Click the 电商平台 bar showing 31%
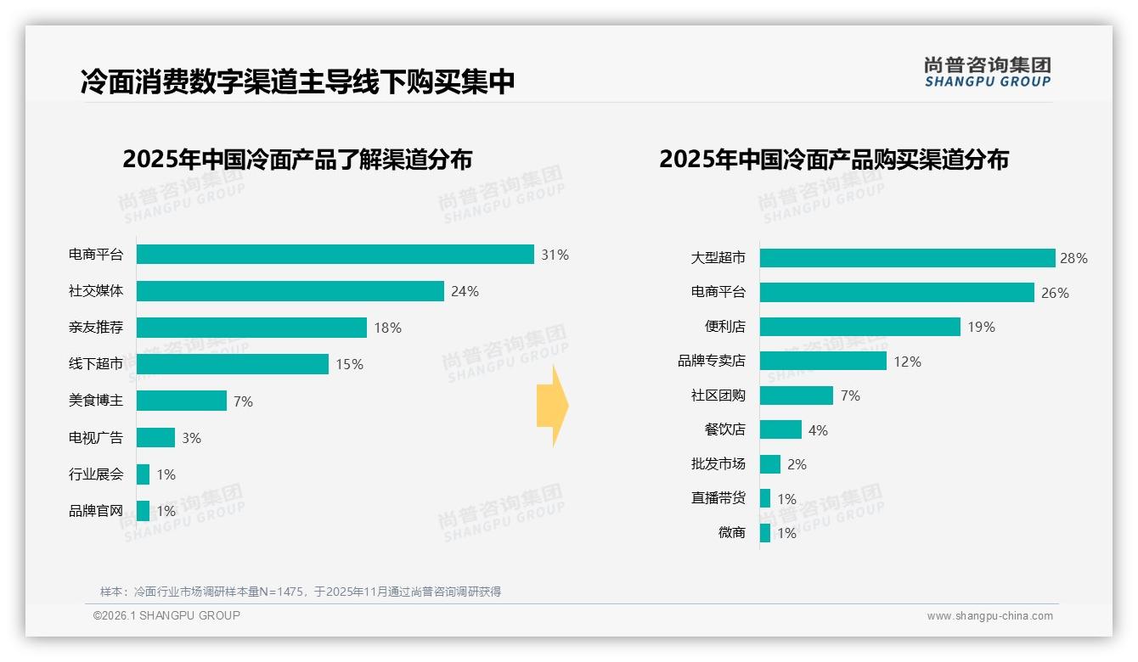(335, 255)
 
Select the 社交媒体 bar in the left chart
(290, 291)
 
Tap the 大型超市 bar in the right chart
(907, 258)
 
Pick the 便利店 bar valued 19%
(859, 327)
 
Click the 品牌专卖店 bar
(823, 362)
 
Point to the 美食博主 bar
(181, 401)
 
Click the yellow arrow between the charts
(552, 406)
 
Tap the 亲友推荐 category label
(96, 328)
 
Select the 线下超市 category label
(96, 364)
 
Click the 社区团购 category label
(718, 396)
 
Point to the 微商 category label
(731, 533)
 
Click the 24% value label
(465, 291)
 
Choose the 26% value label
(1055, 293)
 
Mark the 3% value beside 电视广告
(191, 438)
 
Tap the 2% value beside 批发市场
(797, 464)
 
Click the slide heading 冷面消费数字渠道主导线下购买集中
(297, 81)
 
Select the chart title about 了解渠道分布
(297, 160)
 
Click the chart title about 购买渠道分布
(833, 160)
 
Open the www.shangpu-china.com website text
(989, 616)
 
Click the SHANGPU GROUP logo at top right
(987, 72)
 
